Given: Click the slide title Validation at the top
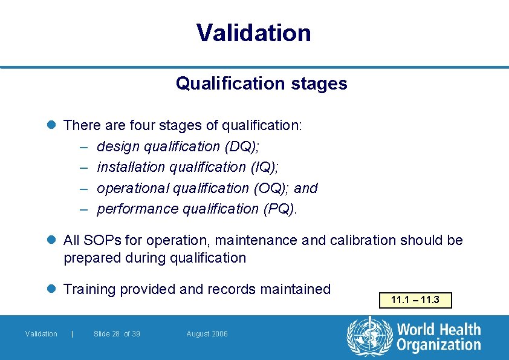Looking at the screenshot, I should (254, 33).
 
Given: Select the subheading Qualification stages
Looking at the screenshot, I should (261, 83).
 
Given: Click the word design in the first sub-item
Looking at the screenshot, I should (117, 146).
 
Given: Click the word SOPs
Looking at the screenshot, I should (100, 240).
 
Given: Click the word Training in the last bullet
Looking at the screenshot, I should (89, 289).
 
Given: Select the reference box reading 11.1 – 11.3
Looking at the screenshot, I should (415, 300).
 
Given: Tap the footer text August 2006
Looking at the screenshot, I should (207, 334).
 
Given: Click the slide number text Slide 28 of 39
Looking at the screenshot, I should (117, 334).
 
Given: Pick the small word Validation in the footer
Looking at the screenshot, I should (41, 334).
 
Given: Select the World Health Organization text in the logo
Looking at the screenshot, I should (438, 338).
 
